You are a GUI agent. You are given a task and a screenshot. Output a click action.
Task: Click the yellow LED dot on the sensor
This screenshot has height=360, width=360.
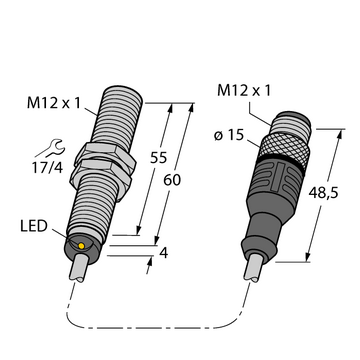81,246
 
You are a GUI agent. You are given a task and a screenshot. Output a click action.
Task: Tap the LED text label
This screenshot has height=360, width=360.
34,227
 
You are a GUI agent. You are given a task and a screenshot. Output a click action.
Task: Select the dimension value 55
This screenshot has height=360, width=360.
158,158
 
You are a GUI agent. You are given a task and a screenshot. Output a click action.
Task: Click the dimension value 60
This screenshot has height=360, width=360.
172,180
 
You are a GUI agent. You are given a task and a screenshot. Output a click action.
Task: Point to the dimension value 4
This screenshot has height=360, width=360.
164,254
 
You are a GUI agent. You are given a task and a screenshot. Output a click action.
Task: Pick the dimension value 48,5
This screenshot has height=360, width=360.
323,193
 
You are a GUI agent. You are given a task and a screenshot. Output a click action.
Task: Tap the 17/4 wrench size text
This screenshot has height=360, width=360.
47,168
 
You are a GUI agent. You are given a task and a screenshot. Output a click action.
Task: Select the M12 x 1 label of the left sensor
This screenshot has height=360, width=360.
54,104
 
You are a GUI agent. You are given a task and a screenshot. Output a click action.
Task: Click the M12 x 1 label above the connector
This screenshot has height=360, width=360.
244,91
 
